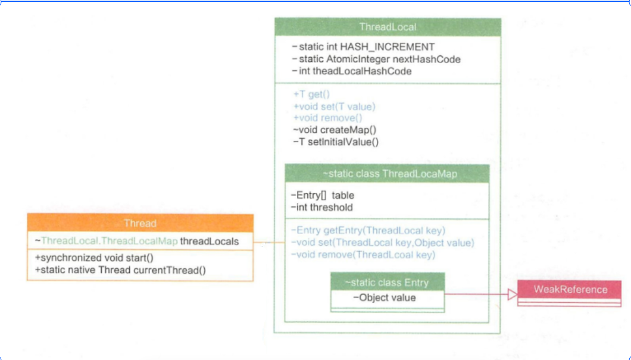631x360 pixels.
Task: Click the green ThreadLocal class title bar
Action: [388, 27]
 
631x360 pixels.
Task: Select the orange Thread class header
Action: [140, 224]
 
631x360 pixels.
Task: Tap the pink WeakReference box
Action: [570, 290]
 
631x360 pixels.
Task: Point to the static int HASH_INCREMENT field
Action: [363, 47]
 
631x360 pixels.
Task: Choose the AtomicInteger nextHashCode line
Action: [376, 59]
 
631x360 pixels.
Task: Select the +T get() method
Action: [311, 95]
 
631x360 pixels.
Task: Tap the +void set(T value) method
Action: [334, 107]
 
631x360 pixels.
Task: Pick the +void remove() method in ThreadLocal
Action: [327, 118]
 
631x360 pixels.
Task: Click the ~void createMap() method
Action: [334, 130]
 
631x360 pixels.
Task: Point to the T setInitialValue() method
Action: [336, 142]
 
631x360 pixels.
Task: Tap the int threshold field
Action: [321, 207]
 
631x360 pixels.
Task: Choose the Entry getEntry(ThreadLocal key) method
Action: [368, 231]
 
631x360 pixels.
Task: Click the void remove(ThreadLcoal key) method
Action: [363, 255]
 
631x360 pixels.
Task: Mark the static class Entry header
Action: [386, 282]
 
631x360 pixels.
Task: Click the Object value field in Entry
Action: [384, 298]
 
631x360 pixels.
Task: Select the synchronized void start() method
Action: [94, 258]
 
